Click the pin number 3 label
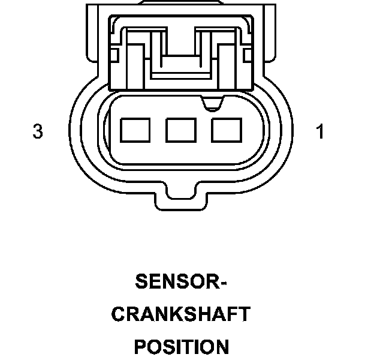coord(38,131)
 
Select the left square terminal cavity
coord(135,130)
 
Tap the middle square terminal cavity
coord(181,130)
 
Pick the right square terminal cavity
coord(227,130)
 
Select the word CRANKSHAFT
coord(181,314)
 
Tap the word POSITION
coord(181,347)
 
